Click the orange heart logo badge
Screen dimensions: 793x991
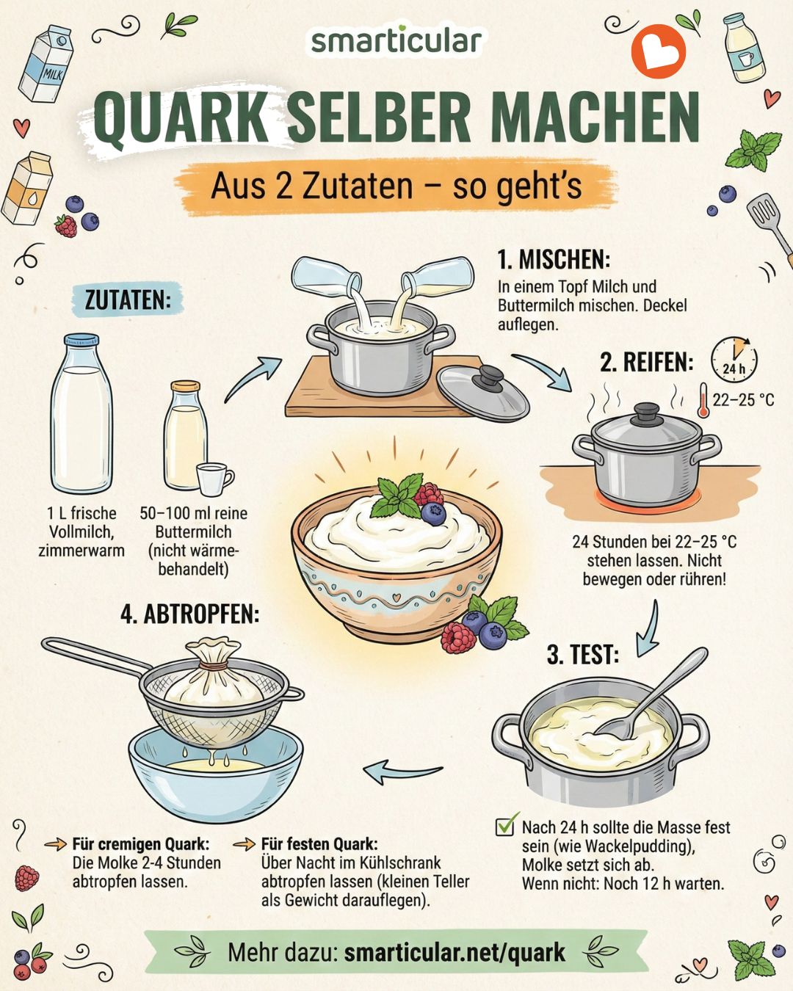[659, 51]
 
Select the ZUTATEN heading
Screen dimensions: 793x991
[128, 300]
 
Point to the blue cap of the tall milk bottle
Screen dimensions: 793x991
[82, 340]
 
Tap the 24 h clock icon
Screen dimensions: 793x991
[734, 359]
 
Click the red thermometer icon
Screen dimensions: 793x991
[703, 400]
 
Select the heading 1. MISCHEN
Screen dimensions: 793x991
[554, 260]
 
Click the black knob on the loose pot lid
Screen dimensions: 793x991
[490, 377]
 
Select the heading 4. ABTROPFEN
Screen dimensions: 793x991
[190, 614]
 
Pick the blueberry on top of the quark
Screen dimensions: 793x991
[434, 513]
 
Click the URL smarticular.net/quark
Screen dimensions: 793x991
[455, 952]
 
